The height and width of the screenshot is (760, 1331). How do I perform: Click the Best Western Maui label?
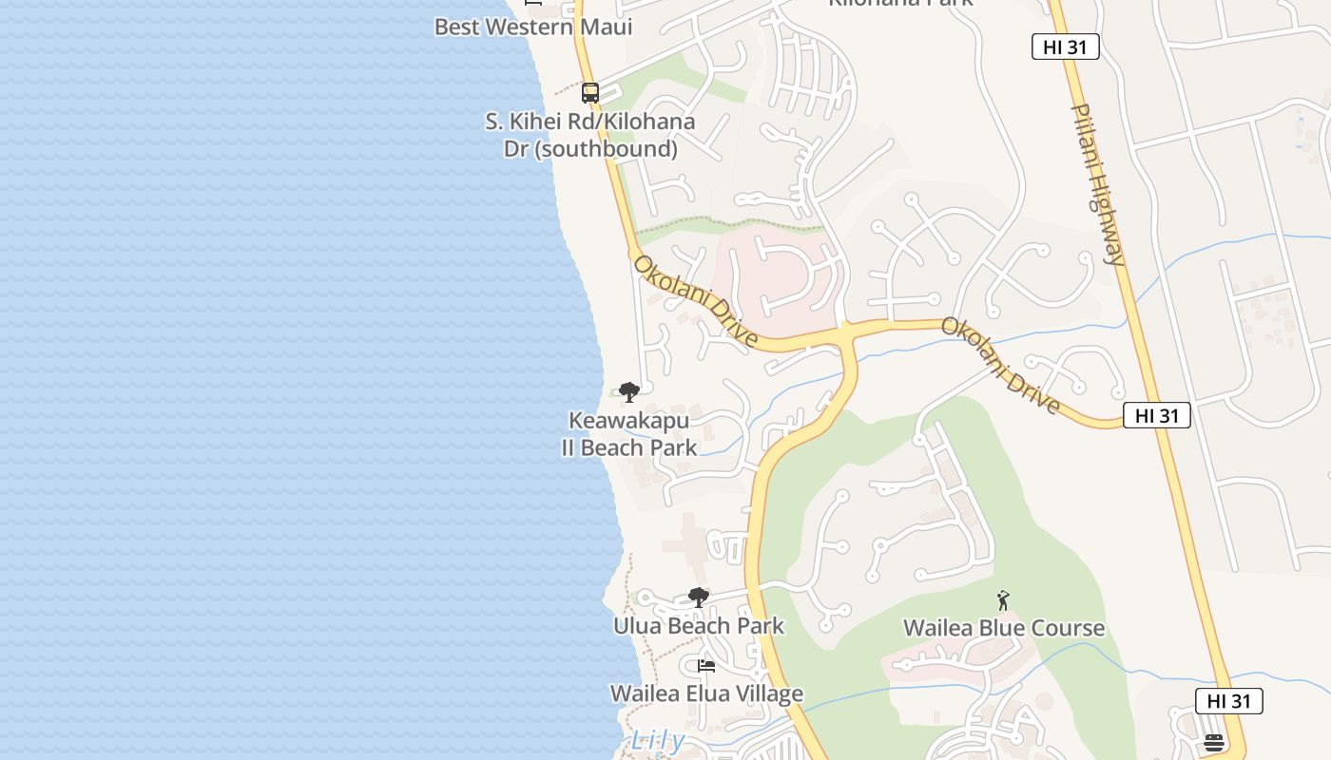coord(533,27)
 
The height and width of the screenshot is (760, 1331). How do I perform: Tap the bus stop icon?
coord(590,93)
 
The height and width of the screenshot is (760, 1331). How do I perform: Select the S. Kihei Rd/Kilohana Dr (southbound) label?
coord(590,135)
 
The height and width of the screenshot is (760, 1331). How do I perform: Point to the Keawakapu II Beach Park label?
coord(628,433)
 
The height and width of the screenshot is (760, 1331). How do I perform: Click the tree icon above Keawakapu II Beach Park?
coord(628,391)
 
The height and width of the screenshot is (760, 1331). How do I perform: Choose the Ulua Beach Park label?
coord(699,626)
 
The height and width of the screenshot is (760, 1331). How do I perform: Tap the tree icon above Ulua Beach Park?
coord(699,598)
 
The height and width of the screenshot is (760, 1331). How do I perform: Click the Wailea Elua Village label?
coord(706,693)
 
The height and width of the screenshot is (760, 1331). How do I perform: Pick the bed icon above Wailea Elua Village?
coord(706,665)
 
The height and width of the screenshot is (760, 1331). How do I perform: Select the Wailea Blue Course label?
coord(1003,628)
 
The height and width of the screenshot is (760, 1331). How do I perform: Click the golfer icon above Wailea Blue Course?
coord(1003,600)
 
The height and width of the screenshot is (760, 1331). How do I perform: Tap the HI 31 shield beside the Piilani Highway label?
coord(1065,47)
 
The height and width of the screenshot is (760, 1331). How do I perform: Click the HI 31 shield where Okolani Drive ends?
coord(1156,415)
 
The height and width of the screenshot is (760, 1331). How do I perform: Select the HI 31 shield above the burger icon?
coord(1228,701)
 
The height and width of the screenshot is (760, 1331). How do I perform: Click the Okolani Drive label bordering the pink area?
coord(696,301)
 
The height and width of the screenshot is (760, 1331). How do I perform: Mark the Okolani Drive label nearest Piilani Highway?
coord(1000,366)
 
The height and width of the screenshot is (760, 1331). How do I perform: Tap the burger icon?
coord(1213,742)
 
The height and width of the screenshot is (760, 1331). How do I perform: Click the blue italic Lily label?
coord(657,740)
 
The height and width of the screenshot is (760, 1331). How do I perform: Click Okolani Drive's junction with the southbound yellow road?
coord(845,335)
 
